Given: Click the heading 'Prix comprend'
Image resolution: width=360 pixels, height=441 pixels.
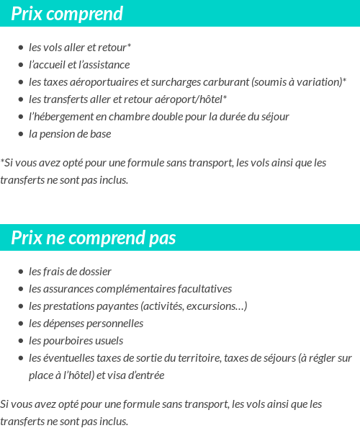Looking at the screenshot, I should click(x=67, y=14).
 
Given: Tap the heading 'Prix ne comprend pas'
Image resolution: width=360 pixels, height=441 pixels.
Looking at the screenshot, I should click(x=93, y=238).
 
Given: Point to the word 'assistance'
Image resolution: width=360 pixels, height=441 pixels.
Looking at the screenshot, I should click(x=107, y=65).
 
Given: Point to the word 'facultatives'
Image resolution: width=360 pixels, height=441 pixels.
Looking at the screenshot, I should click(x=204, y=289).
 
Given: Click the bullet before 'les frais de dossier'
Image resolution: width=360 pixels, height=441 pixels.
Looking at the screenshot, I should click(x=21, y=272).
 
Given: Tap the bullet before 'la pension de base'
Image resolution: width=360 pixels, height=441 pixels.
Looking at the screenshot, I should click(x=21, y=134).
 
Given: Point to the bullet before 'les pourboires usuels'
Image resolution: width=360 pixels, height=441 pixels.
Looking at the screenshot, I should click(x=21, y=341).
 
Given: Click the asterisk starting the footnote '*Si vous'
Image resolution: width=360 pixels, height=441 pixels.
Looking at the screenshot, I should click(x=2, y=162).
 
